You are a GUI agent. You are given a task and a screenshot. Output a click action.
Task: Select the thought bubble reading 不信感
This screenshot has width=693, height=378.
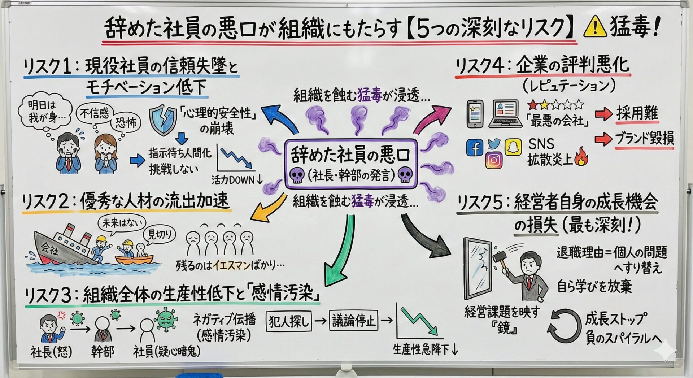95,114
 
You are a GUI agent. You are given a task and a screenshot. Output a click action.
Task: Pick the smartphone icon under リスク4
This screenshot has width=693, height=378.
475,114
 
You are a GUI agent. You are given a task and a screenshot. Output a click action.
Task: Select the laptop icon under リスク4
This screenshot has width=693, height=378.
505,114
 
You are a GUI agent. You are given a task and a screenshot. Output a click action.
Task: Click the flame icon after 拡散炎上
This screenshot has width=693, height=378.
581,156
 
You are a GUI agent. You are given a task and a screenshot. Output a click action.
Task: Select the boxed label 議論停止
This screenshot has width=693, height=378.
353,320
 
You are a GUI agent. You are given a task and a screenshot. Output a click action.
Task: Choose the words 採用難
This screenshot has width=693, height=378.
637,113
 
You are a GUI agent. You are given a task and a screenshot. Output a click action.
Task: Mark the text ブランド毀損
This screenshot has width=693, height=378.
644,139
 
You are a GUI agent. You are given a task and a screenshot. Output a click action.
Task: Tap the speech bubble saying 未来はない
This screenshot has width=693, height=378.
122,223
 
